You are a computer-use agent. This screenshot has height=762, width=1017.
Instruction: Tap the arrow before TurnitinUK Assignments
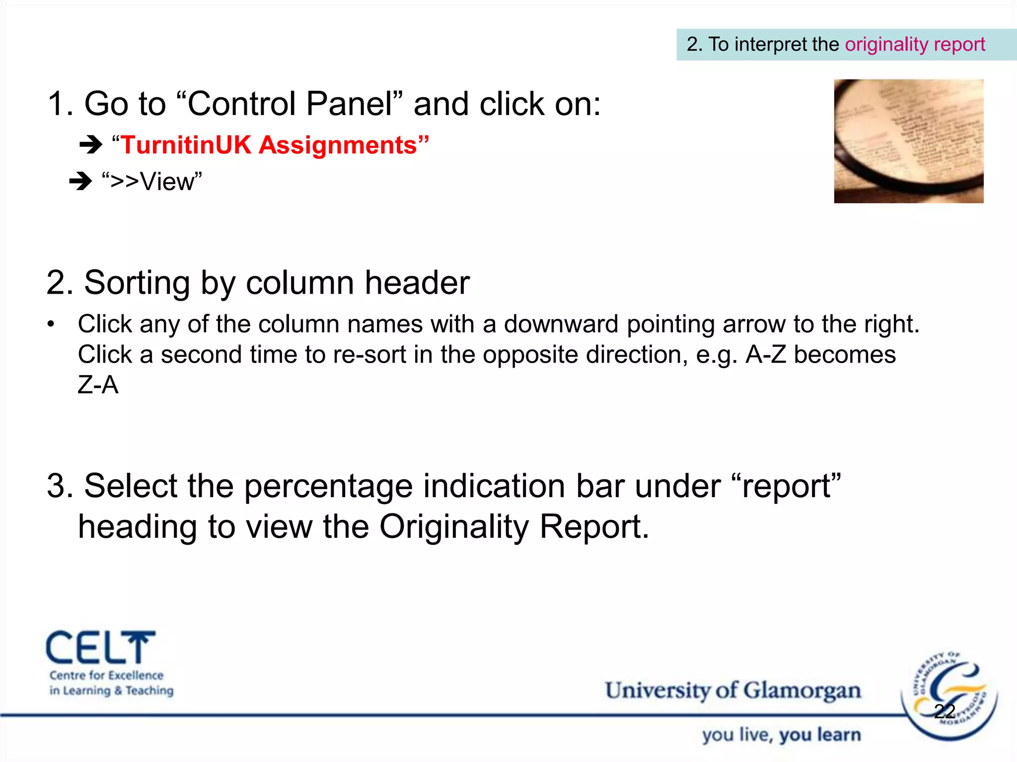click(90, 145)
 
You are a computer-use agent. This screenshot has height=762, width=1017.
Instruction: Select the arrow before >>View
click(80, 181)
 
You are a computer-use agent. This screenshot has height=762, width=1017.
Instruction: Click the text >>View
click(152, 182)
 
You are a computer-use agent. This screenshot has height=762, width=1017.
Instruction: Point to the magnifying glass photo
click(908, 141)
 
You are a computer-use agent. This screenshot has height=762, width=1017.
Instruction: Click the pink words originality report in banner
click(915, 45)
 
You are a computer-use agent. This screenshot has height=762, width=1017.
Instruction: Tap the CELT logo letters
click(99, 648)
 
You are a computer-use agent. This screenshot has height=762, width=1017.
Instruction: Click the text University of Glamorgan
click(732, 691)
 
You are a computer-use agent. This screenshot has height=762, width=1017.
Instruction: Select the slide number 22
click(944, 711)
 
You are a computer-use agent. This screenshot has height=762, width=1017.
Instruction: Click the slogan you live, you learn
click(781, 735)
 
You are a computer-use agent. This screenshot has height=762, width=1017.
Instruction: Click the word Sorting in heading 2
click(137, 283)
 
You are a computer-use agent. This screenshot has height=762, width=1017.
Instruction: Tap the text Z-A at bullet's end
click(98, 385)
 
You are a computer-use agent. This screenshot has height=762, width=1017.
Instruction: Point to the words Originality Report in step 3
click(513, 527)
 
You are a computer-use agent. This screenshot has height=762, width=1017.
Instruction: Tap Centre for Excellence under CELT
click(106, 676)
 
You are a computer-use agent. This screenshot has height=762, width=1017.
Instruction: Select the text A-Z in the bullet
click(766, 355)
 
